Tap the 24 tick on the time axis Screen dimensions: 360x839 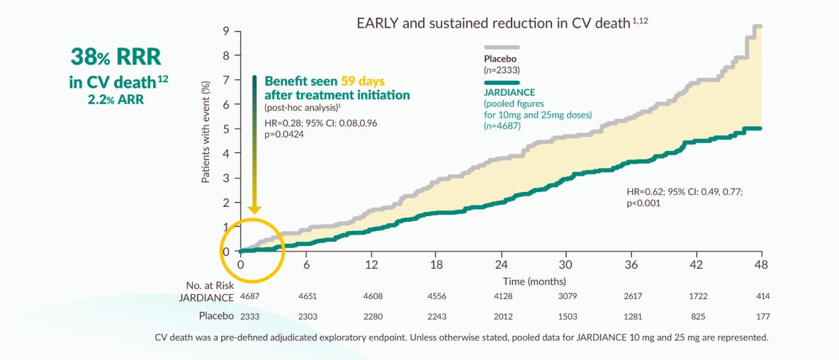pos(501,264)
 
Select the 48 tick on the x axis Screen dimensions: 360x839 pos(760,264)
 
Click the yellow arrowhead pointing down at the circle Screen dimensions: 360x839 pos(254,210)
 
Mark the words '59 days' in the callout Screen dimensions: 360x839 pos(362,81)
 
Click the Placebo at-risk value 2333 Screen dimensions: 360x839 pos(251,315)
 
